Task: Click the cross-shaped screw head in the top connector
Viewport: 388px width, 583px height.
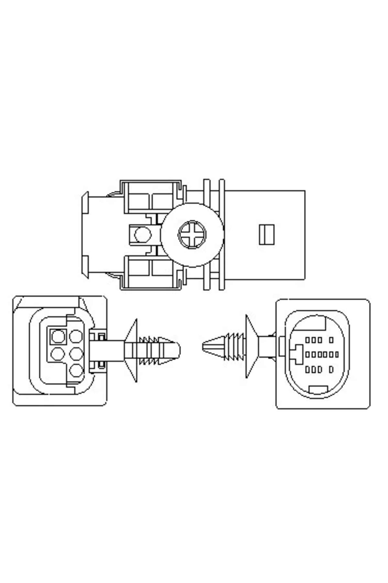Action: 192,234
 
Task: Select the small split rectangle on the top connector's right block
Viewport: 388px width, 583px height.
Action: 267,234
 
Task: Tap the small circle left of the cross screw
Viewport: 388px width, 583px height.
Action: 142,234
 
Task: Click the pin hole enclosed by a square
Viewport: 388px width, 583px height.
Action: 58,336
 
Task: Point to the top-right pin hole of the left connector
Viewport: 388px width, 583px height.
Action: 76,336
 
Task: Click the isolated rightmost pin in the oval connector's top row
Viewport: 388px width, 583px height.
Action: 331,340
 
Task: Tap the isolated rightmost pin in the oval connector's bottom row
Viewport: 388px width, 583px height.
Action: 331,369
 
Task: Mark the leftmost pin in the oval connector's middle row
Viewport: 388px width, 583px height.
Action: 307,355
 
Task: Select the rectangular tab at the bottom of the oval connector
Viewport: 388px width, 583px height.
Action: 318,390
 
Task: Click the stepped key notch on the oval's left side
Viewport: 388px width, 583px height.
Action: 297,354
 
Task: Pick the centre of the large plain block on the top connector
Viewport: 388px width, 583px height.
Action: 265,234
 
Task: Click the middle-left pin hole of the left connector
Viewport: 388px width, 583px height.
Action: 58,353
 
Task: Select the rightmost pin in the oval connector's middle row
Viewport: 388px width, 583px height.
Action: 337,355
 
